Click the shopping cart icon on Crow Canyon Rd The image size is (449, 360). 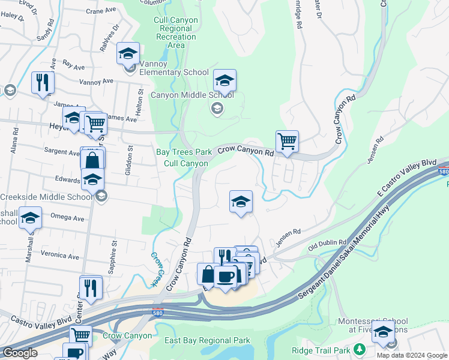click(x=288, y=142)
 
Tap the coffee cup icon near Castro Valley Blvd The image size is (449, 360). click(x=226, y=277)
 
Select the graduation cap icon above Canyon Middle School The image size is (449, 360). click(x=224, y=80)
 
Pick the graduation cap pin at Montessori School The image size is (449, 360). click(x=383, y=332)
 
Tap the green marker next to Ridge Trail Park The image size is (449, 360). click(x=360, y=349)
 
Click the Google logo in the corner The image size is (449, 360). click(x=20, y=353)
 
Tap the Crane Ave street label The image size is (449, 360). click(x=100, y=11)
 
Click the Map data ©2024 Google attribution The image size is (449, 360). click(x=412, y=355)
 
